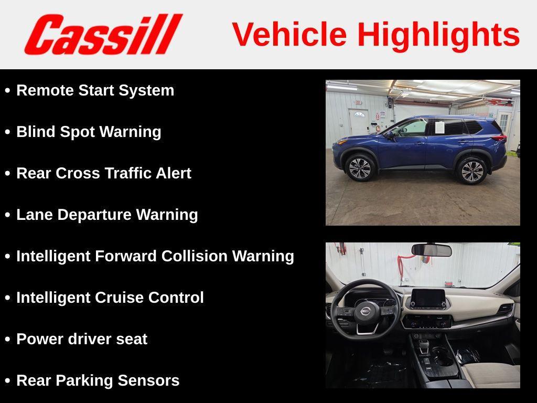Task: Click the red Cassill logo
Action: (103, 34)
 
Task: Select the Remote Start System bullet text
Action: (95, 91)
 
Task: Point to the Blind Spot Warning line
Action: (89, 132)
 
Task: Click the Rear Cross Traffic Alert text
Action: (104, 173)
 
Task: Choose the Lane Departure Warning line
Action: (107, 215)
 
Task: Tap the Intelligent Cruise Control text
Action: (110, 298)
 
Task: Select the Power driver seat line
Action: (82, 340)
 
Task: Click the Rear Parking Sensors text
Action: (98, 381)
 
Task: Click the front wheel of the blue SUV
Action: (360, 168)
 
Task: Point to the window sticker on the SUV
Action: (439, 128)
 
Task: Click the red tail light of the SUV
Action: (499, 138)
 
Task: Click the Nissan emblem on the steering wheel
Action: (366, 311)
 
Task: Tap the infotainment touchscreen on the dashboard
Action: (428, 298)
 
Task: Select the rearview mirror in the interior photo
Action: (432, 250)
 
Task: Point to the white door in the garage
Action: (359, 122)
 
